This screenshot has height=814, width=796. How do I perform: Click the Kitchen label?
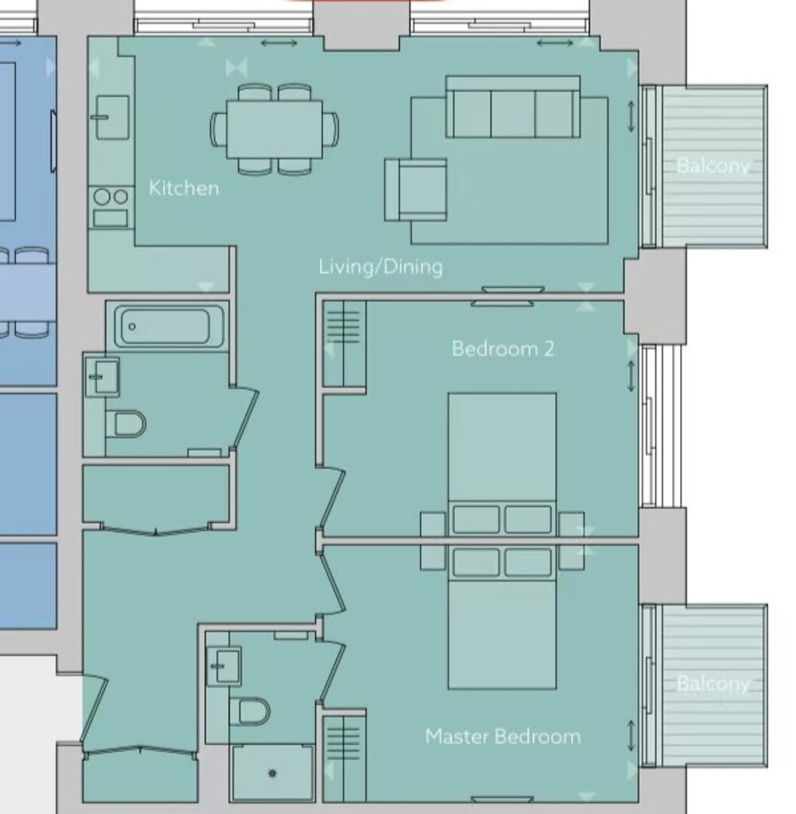(x=184, y=188)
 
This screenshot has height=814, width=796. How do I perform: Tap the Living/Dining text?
(x=381, y=267)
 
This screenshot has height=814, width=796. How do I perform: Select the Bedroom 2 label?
(x=503, y=348)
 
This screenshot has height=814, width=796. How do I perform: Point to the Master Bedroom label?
(x=503, y=736)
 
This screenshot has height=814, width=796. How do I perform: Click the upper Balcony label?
(x=713, y=165)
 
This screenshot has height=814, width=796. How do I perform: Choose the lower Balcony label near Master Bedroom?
(x=713, y=684)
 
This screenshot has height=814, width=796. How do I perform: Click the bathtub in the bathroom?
(x=169, y=326)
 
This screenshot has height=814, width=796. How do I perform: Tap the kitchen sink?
(x=112, y=118)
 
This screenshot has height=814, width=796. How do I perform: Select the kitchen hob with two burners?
(x=111, y=207)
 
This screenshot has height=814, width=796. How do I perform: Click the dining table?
(x=274, y=129)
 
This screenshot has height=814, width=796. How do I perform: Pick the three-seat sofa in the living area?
(x=512, y=107)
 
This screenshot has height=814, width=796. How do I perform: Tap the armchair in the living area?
(x=415, y=190)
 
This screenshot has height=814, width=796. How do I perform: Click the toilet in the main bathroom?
(x=126, y=424)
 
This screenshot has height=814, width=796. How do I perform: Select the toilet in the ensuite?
(x=250, y=711)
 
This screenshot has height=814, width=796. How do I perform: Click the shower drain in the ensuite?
(x=273, y=773)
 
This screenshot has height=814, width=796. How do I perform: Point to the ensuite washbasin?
(x=223, y=666)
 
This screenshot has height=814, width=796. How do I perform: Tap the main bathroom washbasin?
(x=103, y=377)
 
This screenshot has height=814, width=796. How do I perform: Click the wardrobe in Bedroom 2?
(x=344, y=343)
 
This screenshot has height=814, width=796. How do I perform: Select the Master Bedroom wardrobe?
(x=344, y=756)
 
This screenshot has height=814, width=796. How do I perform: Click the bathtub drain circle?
(x=132, y=327)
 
